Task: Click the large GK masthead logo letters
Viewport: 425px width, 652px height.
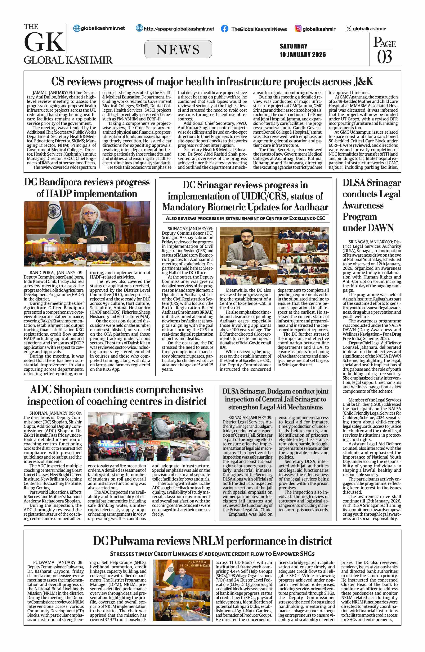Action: pos(44,42)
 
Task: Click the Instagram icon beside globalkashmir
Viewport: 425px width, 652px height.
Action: pos(298,28)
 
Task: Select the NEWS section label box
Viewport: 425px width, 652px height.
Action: pos(178,49)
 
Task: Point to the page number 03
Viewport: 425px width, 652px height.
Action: pos(384,57)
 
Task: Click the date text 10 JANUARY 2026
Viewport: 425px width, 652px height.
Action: pos(303,55)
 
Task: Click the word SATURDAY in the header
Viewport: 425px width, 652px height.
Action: pos(293,46)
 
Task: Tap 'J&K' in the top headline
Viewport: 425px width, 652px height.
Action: pos(363,82)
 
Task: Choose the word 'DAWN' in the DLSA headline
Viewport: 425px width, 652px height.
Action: pos(381,228)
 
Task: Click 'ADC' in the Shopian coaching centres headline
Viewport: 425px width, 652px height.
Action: pos(41,390)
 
